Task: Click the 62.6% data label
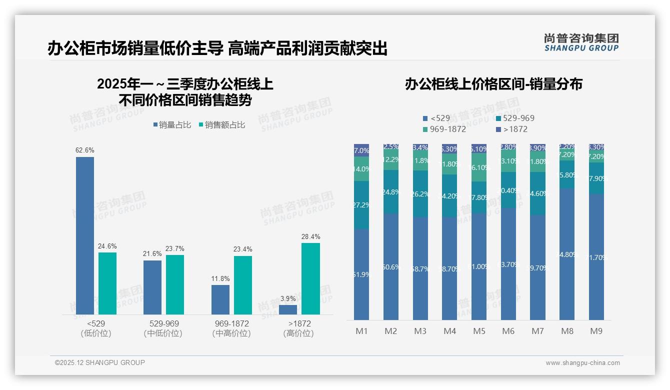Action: pos(85,150)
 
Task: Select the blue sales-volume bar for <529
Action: pos(85,235)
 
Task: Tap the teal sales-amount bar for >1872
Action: pos(310,278)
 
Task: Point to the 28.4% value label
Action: pos(310,236)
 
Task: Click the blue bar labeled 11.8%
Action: pos(220,299)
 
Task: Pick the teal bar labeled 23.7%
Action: pos(175,284)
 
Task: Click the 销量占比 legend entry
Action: pos(172,125)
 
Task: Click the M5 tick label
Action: pos(479,331)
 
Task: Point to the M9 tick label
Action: pos(596,331)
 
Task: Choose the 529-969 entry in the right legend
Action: pos(515,118)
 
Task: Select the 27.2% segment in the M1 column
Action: pos(361,205)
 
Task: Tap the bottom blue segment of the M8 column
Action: pos(567,254)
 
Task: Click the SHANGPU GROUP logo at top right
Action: pos(581,42)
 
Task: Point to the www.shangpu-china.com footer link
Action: pos(582,363)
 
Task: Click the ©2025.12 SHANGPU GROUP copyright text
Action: pos(100,362)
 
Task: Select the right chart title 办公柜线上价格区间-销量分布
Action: pos(493,84)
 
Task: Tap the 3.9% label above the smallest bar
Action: pos(288,298)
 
